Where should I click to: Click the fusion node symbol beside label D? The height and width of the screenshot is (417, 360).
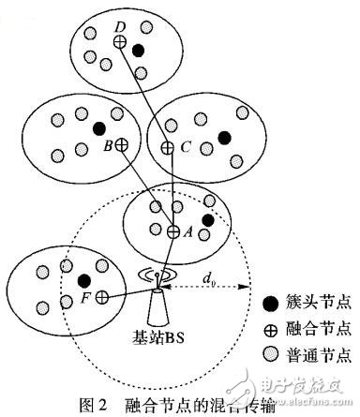[x=119, y=41]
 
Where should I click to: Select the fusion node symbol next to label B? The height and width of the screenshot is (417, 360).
[x=121, y=145]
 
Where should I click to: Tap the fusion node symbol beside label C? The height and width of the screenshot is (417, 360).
[x=167, y=147]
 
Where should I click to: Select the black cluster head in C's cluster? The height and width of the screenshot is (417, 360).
[x=224, y=138]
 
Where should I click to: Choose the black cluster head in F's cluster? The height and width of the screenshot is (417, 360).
[x=83, y=279]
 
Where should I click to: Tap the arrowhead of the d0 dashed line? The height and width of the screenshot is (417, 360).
[x=248, y=285]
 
